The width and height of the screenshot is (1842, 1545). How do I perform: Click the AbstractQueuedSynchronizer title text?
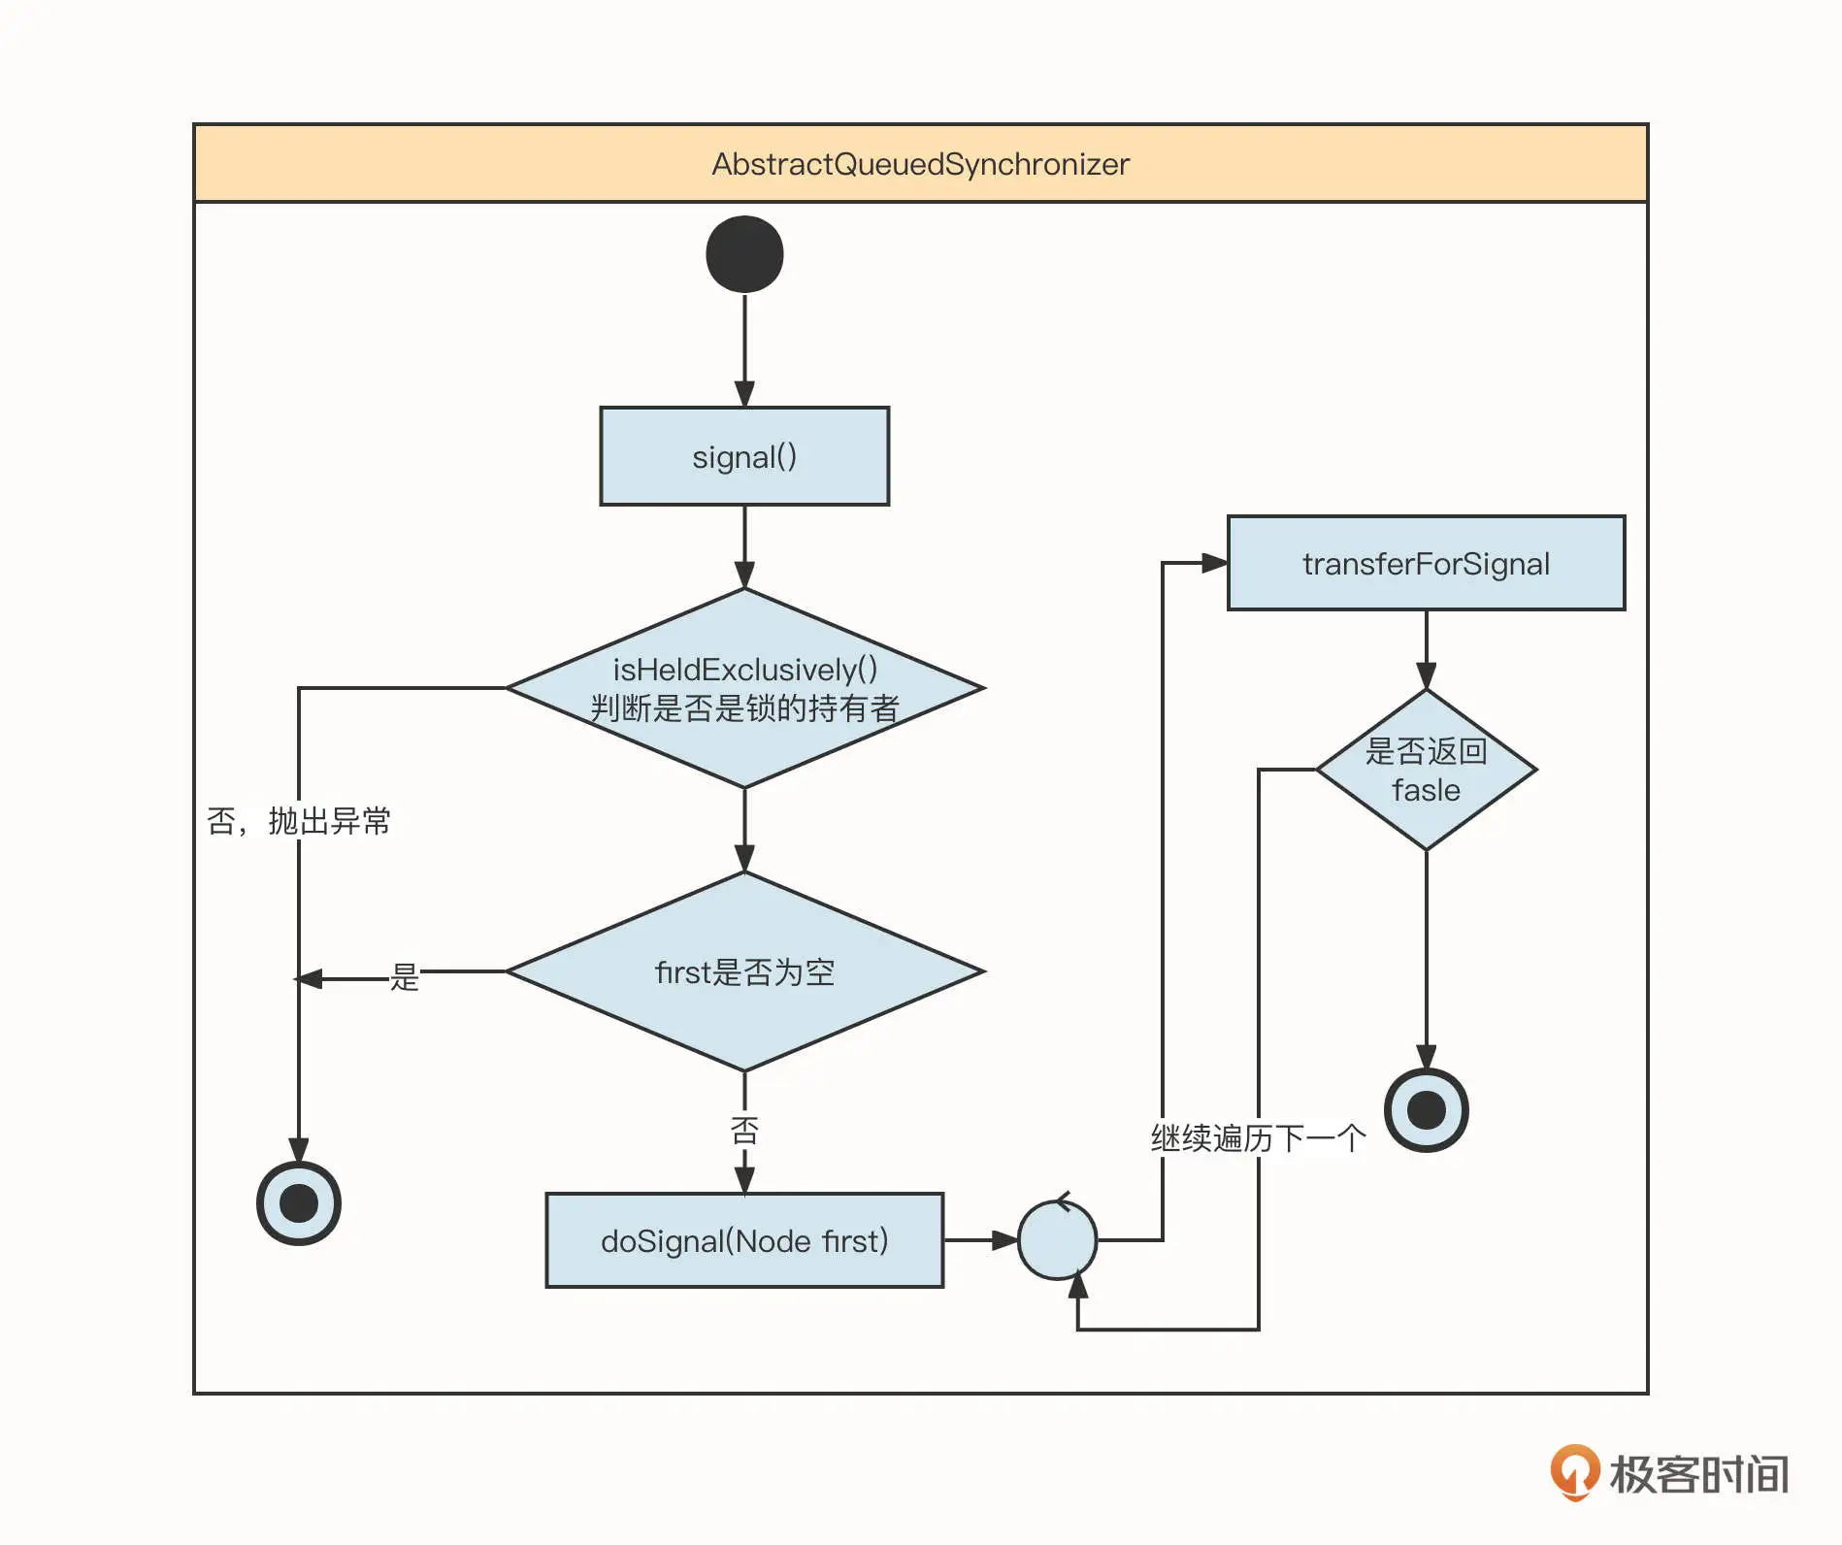[x=920, y=164]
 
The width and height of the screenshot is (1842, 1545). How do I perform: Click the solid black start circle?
[x=744, y=254]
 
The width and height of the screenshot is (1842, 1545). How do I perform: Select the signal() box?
[x=744, y=456]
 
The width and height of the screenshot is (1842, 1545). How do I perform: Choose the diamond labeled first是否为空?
[x=744, y=971]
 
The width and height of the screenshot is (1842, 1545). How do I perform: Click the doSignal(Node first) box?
[x=744, y=1240]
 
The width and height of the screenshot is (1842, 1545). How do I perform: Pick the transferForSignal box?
[x=1426, y=563]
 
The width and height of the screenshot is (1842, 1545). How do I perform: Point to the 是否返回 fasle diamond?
[x=1426, y=770]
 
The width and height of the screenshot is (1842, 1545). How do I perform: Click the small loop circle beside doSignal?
[x=1057, y=1240]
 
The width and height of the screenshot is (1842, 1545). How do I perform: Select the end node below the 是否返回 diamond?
[x=1426, y=1110]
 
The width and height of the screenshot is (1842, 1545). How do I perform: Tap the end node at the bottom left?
[x=298, y=1203]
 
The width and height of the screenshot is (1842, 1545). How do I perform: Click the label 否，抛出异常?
[x=298, y=821]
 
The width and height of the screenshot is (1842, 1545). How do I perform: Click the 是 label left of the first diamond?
[x=405, y=976]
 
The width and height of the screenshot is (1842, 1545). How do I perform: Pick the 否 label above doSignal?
[x=744, y=1130]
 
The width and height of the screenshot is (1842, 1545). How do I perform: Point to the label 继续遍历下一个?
[x=1258, y=1137]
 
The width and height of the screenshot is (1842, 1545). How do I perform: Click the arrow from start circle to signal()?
[x=744, y=349]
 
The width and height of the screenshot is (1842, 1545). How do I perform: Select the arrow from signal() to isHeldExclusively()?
[x=744, y=546]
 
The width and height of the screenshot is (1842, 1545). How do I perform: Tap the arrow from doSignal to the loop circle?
[x=980, y=1240]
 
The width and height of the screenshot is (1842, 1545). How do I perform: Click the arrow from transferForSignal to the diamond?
[x=1426, y=649]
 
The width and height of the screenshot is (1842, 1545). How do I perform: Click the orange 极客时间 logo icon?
[x=1573, y=1471]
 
